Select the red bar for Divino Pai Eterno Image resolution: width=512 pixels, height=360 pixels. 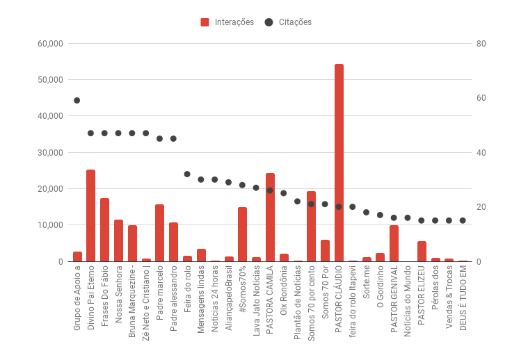coord(90,215)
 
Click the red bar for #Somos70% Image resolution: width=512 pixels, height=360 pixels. coord(242,234)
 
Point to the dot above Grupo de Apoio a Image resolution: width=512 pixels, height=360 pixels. coord(77,101)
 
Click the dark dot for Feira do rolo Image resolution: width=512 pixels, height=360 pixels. coord(187,174)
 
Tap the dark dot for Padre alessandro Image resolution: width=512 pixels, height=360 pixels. coord(173,139)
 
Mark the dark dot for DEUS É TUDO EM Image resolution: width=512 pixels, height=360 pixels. coord(463,220)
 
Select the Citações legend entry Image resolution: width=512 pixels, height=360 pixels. coord(288,22)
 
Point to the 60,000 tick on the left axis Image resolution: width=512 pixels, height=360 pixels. coord(50,44)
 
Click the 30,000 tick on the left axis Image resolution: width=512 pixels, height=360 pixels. coord(50,153)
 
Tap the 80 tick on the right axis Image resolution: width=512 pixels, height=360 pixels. coord(481,44)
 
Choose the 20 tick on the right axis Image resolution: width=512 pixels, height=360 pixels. coord(481,207)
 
